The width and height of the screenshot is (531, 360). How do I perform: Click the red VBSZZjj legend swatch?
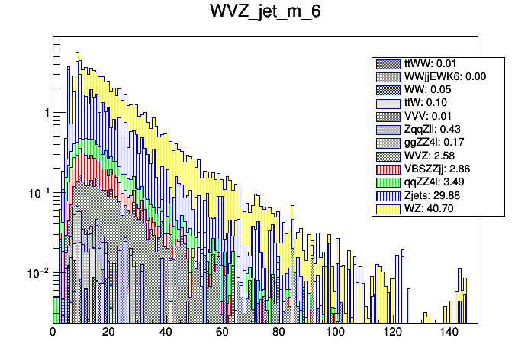pos(388,168)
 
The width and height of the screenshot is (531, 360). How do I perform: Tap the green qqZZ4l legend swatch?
pos(388,181)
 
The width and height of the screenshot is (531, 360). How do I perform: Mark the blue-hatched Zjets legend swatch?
pos(388,194)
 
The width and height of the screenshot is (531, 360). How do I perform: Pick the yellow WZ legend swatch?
pos(388,207)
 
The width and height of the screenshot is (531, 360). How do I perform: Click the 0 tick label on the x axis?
pos(53,332)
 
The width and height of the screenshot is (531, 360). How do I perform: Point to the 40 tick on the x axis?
pos(166,332)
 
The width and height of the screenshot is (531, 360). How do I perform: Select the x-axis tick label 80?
pos(279,332)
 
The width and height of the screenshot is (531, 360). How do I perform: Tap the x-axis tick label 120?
pos(392,332)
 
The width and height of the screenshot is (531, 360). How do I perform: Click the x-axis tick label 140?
pos(449,332)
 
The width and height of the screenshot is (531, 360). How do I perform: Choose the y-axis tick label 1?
pos(46,113)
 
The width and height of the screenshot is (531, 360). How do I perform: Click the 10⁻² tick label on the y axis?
pos(37,272)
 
